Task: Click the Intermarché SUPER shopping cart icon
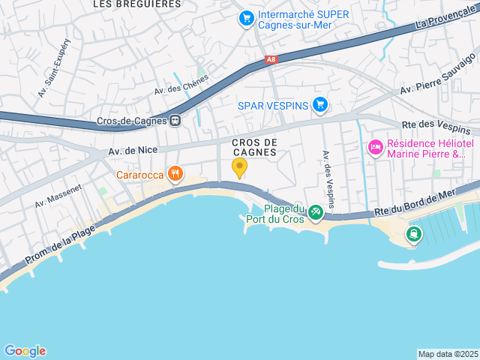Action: [x=245, y=17]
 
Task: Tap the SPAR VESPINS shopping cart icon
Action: [x=320, y=105]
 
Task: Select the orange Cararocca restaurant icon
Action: [x=175, y=175]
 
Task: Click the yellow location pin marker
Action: [x=239, y=168]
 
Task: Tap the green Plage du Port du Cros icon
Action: [x=316, y=214]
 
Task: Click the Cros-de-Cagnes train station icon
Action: [x=175, y=120]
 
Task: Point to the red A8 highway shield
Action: [x=271, y=59]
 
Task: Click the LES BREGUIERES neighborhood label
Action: [x=136, y=4]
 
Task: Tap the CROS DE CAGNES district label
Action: [x=255, y=147]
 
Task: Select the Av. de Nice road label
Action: [x=133, y=150]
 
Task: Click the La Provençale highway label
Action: [x=447, y=19]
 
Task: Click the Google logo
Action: [x=25, y=351]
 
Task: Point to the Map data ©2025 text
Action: [x=448, y=354]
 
